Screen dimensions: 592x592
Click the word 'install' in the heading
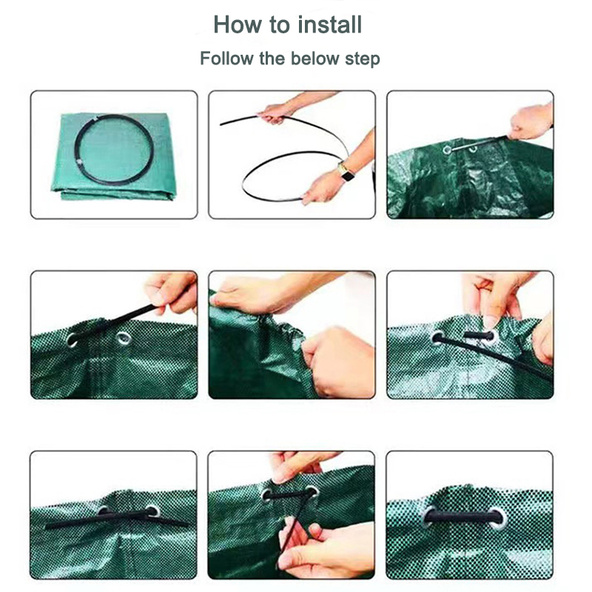(329, 25)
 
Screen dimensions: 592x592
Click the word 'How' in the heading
(238, 25)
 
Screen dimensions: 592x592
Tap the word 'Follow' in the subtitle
(227, 58)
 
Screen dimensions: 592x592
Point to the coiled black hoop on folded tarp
(114, 149)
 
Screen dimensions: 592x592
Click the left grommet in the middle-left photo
(72, 340)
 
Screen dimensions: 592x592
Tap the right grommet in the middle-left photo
(124, 338)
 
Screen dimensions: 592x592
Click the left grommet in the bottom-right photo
(429, 516)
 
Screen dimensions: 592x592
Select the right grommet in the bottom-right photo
(497, 519)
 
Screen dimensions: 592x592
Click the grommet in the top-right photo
(448, 150)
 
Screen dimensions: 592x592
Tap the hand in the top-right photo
(531, 121)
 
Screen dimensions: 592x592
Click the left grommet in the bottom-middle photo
(267, 494)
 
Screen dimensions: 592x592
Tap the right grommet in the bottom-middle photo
(312, 491)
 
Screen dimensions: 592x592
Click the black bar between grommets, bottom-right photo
(464, 517)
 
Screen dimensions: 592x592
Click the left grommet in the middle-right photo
(437, 337)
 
